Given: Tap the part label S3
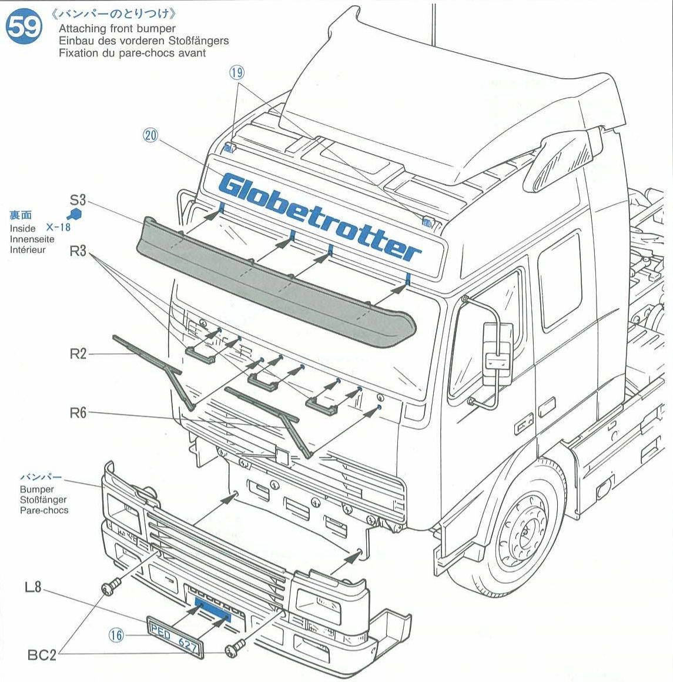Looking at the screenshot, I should pyautogui.click(x=78, y=199).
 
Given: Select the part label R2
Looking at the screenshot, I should pyautogui.click(x=78, y=353).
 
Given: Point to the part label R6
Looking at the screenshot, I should pyautogui.click(x=78, y=412).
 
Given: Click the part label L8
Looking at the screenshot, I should pyautogui.click(x=33, y=586).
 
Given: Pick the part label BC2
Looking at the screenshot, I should pyautogui.click(x=42, y=654).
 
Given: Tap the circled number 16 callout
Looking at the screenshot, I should pyautogui.click(x=116, y=635).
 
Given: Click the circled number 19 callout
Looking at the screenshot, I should pyautogui.click(x=237, y=72).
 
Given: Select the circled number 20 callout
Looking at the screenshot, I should pyautogui.click(x=151, y=136).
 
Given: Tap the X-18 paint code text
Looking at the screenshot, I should pyautogui.click(x=58, y=227).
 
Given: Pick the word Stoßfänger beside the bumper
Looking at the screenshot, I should pyautogui.click(x=43, y=499).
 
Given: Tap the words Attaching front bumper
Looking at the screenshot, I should pyautogui.click(x=117, y=28).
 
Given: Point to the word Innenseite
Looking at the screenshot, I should pyautogui.click(x=32, y=239).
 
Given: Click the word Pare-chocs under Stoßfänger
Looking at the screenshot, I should pyautogui.click(x=44, y=510).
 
